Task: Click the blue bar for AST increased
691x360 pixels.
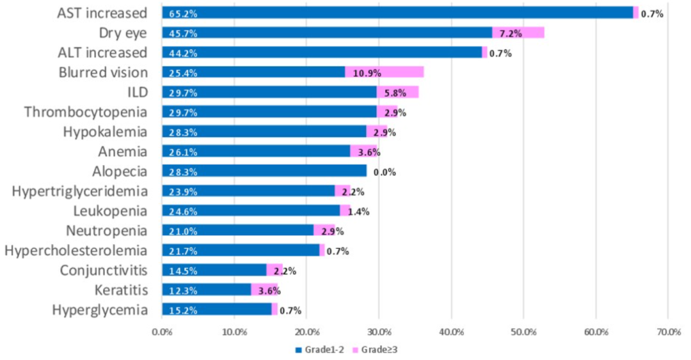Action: point(397,13)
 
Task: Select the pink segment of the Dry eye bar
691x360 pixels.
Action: point(518,33)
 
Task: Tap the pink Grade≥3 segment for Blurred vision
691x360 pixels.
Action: point(385,72)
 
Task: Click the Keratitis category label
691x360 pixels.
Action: point(120,290)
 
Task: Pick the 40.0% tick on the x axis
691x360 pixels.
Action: point(451,332)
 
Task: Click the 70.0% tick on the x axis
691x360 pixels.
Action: point(668,332)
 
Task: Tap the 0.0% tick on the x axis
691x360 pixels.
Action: point(163,332)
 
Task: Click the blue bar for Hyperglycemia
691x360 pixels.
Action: point(217,309)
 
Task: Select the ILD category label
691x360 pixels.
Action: point(138,93)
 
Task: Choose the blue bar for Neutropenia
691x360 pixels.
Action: point(238,231)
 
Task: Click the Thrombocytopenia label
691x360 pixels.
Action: point(86,113)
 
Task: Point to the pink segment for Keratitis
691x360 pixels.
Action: point(264,290)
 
